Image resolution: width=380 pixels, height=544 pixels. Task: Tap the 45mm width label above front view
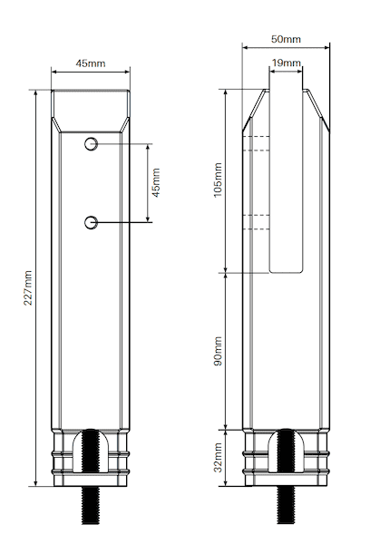pos(89,64)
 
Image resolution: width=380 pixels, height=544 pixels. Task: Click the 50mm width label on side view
pos(287,41)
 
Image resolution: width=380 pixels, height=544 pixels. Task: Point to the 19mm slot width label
pos(286,63)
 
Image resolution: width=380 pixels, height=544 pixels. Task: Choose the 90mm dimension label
pos(218,351)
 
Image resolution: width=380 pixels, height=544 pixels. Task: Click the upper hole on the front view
pos(91,145)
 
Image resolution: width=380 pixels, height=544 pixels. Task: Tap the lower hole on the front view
pos(91,222)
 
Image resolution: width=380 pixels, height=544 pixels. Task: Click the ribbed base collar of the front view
pos(62,457)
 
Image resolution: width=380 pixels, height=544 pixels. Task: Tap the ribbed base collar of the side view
pos(254,457)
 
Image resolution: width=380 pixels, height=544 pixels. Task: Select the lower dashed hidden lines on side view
pos(255,219)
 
